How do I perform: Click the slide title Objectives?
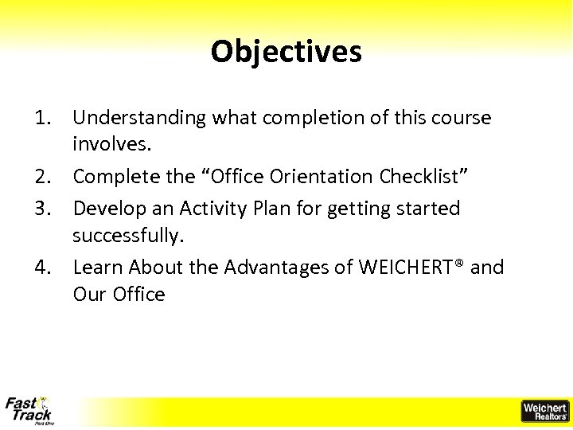click(x=286, y=52)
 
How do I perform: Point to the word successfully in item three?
click(x=127, y=236)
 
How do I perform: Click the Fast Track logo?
click(x=29, y=410)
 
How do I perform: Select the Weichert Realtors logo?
click(x=544, y=411)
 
